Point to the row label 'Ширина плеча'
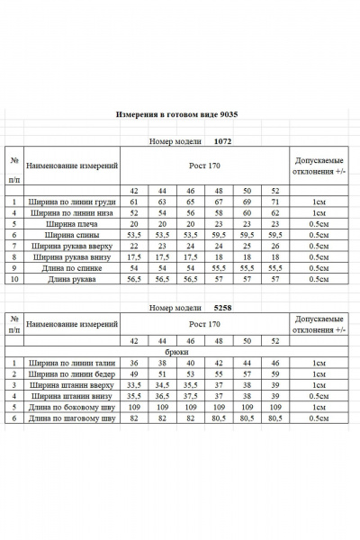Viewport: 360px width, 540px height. (73, 223)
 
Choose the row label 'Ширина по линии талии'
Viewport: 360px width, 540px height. (73, 362)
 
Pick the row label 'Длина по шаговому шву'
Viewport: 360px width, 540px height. (73, 418)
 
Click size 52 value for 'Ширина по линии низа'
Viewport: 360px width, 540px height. (275, 212)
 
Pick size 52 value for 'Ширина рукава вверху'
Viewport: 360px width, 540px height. (275, 246)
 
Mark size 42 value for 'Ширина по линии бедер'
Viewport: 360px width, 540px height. (133, 373)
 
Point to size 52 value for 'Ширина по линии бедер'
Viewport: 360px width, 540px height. (275, 373)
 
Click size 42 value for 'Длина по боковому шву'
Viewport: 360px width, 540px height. (133, 407)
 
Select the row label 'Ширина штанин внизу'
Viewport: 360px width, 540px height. (73, 396)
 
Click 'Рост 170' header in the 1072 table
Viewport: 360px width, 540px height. (203, 166)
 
